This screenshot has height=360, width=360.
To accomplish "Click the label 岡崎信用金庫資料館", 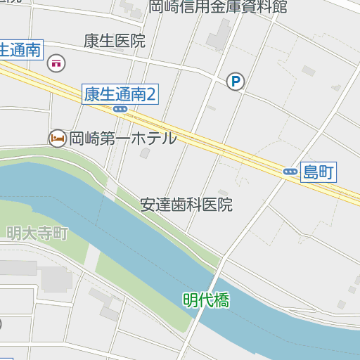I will coord(218,7).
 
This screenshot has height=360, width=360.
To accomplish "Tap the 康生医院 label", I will coord(114,41).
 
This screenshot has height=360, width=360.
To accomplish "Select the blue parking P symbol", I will coord(235,83).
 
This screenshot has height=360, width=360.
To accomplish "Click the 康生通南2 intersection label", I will coord(120,94).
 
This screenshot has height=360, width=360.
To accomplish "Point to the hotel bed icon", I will coord(57,139).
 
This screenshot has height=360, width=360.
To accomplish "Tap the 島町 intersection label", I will coord(318,172).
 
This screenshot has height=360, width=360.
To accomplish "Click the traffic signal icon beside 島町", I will coord(290,172).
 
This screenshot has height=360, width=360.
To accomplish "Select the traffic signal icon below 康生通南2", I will coord(120,109).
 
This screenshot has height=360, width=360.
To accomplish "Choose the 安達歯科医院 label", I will coord(186,205).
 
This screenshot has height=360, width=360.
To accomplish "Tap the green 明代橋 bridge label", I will coord(206,300).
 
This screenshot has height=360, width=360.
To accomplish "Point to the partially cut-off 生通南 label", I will coord(20,51).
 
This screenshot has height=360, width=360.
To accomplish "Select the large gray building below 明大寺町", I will coord(55,278).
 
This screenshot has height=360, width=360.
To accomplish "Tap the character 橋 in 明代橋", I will coord(222,300).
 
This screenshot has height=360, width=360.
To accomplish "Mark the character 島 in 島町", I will coord(310,172).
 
